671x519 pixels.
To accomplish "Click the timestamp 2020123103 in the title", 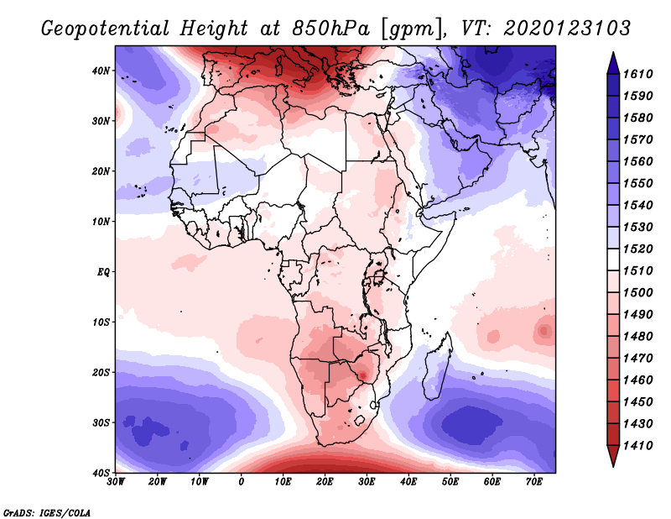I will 567,28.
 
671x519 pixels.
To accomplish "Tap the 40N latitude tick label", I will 101,71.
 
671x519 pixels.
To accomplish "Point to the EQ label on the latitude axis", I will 102,272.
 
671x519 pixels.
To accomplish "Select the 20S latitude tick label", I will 101,373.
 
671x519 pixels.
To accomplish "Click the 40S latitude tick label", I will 101,473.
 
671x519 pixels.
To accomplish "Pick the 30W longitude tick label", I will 116,482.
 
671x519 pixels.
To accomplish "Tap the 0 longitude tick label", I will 242,482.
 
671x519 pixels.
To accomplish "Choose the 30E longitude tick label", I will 367,482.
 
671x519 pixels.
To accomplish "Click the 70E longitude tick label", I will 534,482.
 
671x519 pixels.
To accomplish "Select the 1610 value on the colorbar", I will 639,74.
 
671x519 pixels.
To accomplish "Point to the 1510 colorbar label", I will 639,270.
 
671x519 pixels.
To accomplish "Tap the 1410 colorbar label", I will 639,445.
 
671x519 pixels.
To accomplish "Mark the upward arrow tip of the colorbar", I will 612,54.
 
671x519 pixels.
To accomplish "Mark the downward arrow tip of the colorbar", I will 612,464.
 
